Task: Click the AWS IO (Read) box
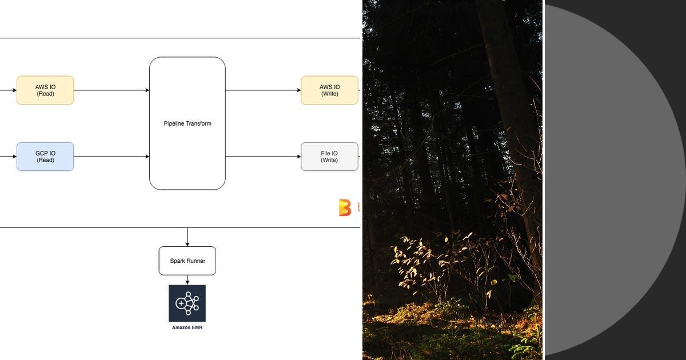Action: [45, 90]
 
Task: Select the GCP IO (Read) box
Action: [45, 157]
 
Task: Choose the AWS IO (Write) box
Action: [329, 90]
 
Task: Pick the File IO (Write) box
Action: [329, 157]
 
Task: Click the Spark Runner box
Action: [187, 261]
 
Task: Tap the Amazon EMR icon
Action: [187, 303]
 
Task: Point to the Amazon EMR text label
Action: [187, 327]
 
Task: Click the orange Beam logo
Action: [345, 207]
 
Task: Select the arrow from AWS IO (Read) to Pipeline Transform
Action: [111, 90]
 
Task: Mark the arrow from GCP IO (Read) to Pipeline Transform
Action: [111, 157]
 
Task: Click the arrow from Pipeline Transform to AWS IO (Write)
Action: [263, 90]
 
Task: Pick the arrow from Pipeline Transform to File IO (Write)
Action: [263, 157]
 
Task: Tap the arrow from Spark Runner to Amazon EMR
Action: [187, 280]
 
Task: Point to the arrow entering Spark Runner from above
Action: [187, 237]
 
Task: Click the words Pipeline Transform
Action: [187, 123]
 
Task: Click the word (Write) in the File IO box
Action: [329, 161]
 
